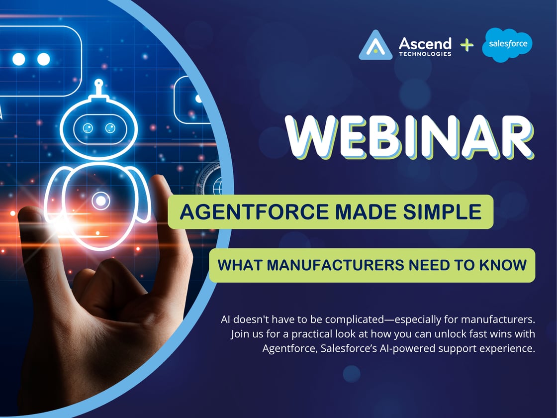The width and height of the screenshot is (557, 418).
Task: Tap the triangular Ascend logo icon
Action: (x=376, y=45)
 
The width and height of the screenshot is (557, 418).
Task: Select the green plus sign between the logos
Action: (x=466, y=46)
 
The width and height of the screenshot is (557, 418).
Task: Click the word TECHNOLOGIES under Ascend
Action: (x=425, y=54)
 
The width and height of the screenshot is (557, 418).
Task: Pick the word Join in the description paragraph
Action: (x=240, y=334)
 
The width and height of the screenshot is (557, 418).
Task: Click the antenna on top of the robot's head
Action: (x=98, y=83)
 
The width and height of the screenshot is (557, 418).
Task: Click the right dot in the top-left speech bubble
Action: (x=44, y=59)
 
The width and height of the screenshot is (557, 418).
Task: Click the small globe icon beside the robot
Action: (x=217, y=189)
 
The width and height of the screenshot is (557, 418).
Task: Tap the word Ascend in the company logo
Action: (x=425, y=43)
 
